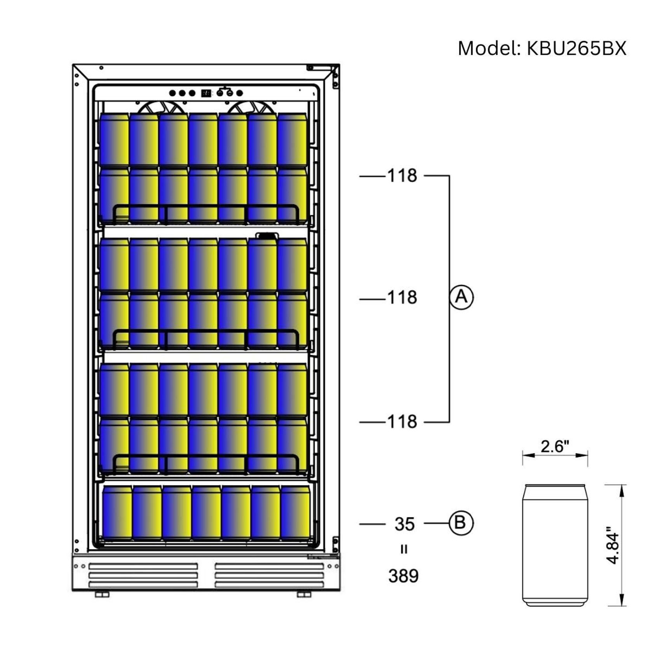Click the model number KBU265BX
pyautogui.click(x=576, y=49)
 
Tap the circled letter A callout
pyautogui.click(x=461, y=297)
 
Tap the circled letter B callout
pyautogui.click(x=461, y=523)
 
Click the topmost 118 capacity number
pyautogui.click(x=402, y=176)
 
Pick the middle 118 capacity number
pyautogui.click(x=402, y=298)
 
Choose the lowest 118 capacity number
pyautogui.click(x=402, y=421)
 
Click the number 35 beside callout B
pyautogui.click(x=404, y=524)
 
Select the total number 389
pyautogui.click(x=403, y=576)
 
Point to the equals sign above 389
pyautogui.click(x=404, y=549)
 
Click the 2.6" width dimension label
pyautogui.click(x=555, y=446)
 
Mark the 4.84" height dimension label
pyautogui.click(x=613, y=545)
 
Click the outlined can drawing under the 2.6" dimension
pyautogui.click(x=555, y=545)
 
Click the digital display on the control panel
pyautogui.click(x=206, y=93)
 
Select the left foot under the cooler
pyautogui.click(x=102, y=594)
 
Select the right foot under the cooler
pyautogui.click(x=304, y=594)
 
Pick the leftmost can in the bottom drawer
pyautogui.click(x=117, y=513)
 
